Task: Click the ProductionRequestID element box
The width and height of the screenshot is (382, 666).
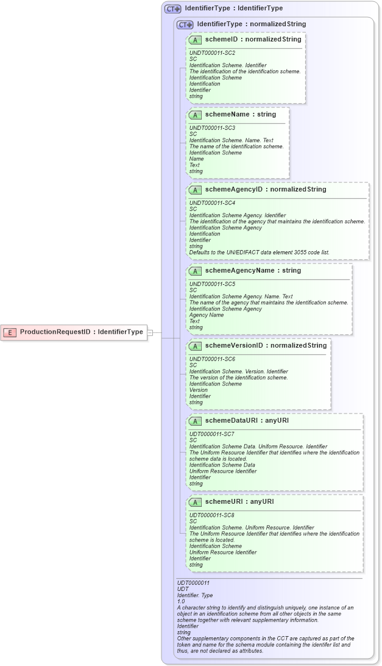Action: click(74, 332)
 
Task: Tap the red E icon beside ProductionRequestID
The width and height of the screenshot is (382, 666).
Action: click(10, 332)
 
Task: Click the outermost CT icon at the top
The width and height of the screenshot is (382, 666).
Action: click(173, 9)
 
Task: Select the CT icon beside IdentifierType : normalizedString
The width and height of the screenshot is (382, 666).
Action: click(185, 24)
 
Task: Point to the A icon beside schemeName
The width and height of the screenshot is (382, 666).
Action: click(195, 115)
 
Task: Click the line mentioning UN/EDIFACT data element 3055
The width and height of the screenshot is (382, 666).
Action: click(260, 252)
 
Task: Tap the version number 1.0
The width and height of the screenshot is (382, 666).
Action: click(181, 601)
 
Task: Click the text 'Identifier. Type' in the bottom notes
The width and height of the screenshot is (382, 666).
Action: click(195, 595)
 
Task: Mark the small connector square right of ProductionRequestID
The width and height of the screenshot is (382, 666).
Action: click(151, 332)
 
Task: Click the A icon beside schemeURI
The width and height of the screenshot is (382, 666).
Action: click(195, 503)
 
